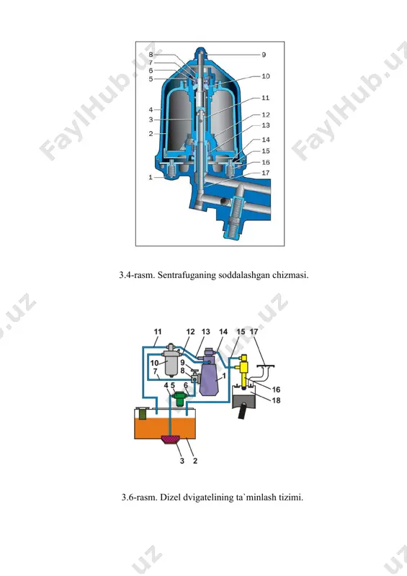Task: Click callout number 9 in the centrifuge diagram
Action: (x=264, y=55)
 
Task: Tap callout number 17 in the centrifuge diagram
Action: (x=266, y=173)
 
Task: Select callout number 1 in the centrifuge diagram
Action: (x=151, y=177)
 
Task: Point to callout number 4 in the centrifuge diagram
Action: (x=151, y=109)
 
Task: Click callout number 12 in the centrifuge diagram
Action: (x=266, y=115)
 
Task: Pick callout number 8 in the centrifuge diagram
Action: (x=151, y=55)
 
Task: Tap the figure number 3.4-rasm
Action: (x=137, y=275)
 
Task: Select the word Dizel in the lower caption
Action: (x=170, y=498)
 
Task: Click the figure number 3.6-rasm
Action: (x=139, y=498)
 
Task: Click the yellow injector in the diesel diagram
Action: (x=243, y=371)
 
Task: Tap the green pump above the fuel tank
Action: (x=180, y=399)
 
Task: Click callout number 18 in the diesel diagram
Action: (x=276, y=400)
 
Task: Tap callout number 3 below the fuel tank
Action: (x=182, y=461)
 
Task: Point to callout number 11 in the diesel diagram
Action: (x=158, y=332)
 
